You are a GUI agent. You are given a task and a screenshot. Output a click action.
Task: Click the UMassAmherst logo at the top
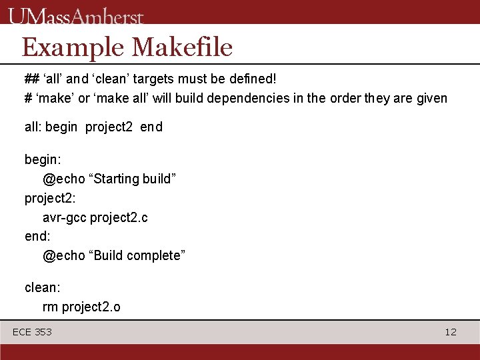pyautogui.click(x=77, y=15)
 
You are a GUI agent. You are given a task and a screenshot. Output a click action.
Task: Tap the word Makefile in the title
pyautogui.click(x=182, y=47)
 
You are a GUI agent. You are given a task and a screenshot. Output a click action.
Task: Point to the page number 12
pyautogui.click(x=451, y=332)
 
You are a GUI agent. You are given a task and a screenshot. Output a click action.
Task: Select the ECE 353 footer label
pyautogui.click(x=32, y=332)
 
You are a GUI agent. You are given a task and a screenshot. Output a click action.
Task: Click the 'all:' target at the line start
pyautogui.click(x=33, y=127)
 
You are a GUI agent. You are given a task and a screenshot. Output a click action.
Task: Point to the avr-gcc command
pyautogui.click(x=65, y=217)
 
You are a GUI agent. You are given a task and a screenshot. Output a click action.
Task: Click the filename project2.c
pyautogui.click(x=119, y=217)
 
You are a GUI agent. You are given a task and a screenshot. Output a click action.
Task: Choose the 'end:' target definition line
pyautogui.click(x=37, y=236)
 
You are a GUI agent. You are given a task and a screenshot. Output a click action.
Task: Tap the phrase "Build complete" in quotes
pyautogui.click(x=137, y=255)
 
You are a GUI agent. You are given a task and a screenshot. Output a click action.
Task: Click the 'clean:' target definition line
pyautogui.click(x=42, y=287)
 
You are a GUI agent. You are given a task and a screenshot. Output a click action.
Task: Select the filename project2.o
pyautogui.click(x=91, y=307)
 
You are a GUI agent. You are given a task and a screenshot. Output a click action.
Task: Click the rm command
pyautogui.click(x=51, y=307)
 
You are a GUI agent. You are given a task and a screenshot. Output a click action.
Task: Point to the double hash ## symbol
pyautogui.click(x=31, y=79)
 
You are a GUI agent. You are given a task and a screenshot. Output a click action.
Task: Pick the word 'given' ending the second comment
pyautogui.click(x=430, y=99)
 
